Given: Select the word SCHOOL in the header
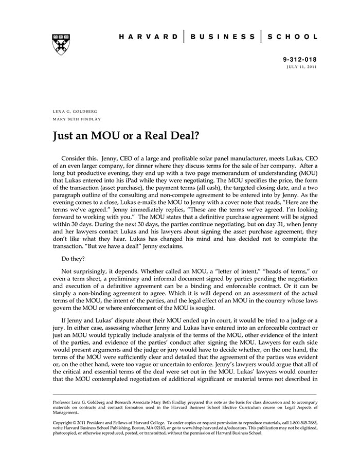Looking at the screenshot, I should (293, 37).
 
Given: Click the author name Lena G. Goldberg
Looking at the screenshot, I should (75, 111).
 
